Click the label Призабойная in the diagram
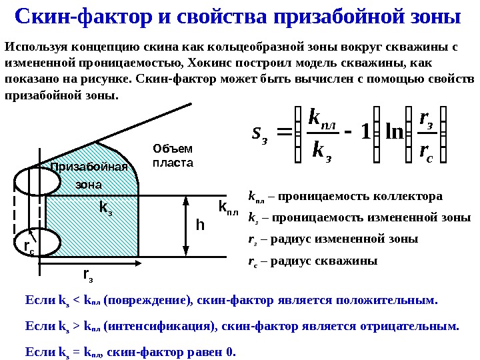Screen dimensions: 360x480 [89, 167]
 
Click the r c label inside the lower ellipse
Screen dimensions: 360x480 [29, 247]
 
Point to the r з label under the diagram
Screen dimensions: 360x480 [87, 274]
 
